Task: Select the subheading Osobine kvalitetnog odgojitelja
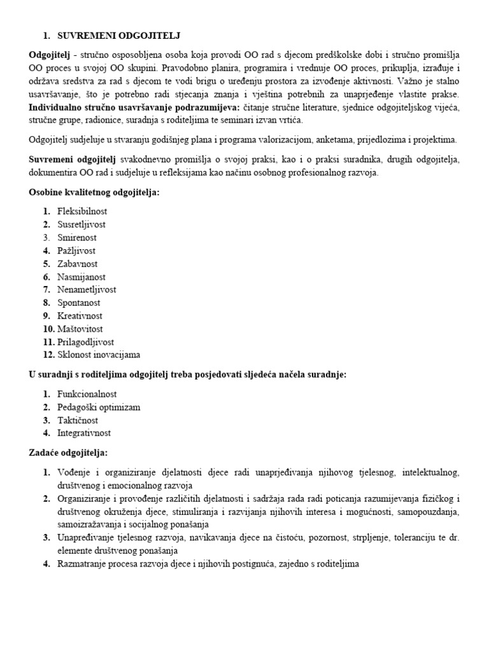[x=94, y=192]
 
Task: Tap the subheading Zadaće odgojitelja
[x=69, y=453]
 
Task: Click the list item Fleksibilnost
[x=83, y=211]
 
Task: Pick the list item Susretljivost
[x=81, y=224]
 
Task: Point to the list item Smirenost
[x=77, y=237]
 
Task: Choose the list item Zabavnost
[x=78, y=263]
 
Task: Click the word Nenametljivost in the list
[x=87, y=289]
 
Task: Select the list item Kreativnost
[x=80, y=315]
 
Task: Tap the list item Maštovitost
[x=80, y=329]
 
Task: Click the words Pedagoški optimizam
[x=99, y=407]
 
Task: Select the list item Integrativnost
[x=84, y=433]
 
